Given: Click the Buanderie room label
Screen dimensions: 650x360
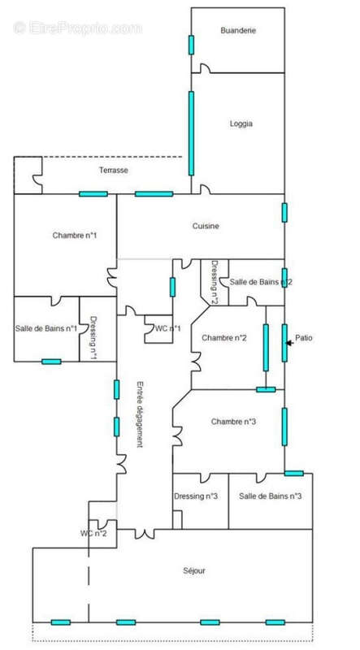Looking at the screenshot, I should click(238, 30).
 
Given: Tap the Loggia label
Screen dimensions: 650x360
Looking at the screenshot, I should click(241, 124).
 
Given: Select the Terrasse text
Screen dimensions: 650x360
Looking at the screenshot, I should click(114, 170).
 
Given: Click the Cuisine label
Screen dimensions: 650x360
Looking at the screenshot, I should click(206, 226).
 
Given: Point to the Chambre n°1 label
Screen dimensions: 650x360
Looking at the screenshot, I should click(75, 236).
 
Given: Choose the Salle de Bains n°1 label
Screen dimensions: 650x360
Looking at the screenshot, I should click(46, 328).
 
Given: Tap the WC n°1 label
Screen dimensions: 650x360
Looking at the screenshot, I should click(167, 328).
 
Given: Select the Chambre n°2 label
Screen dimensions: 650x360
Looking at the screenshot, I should click(225, 337).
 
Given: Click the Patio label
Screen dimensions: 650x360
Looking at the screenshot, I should click(304, 338).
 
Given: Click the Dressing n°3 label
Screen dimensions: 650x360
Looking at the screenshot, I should click(196, 496).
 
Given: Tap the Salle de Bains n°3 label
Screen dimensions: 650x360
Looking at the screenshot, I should click(271, 496).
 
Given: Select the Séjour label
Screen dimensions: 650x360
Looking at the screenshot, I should click(194, 570).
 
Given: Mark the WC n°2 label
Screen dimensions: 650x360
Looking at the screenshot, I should click(93, 533).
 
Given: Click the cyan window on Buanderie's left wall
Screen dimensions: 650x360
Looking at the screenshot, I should click(191, 44).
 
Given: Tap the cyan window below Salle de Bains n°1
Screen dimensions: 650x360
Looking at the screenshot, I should click(51, 362).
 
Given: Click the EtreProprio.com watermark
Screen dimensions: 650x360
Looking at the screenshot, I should click(77, 28).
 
